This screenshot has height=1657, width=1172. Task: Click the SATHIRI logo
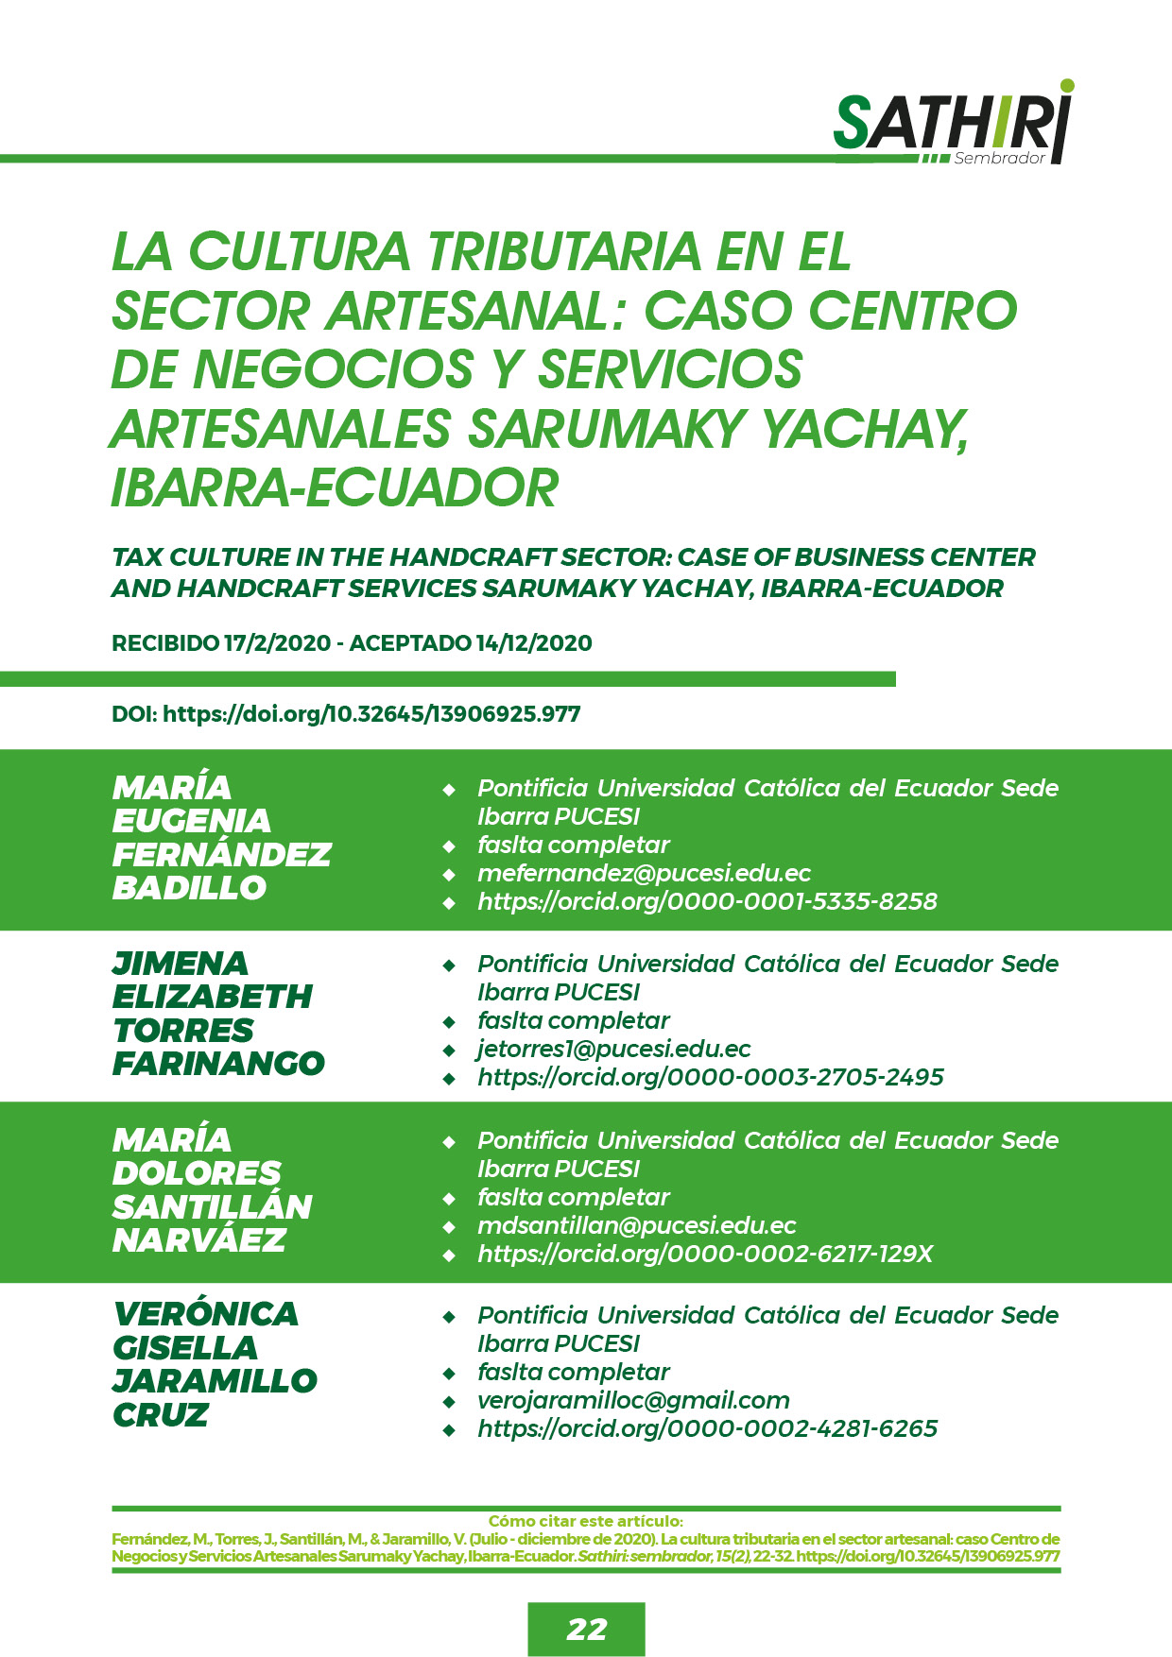pyautogui.click(x=952, y=123)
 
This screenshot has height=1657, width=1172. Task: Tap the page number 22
pyautogui.click(x=586, y=1629)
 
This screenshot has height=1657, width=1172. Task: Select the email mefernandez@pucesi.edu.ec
pyautogui.click(x=644, y=873)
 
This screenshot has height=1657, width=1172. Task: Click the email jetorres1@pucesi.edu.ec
pyautogui.click(x=614, y=1049)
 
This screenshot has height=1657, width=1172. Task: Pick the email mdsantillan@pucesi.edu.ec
pyautogui.click(x=636, y=1225)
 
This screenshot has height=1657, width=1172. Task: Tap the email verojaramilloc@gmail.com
pyautogui.click(x=633, y=1400)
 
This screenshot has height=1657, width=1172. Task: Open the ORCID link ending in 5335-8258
pyautogui.click(x=707, y=901)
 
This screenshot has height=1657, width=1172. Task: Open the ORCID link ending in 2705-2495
pyautogui.click(x=710, y=1077)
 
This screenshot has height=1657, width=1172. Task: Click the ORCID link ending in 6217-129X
pyautogui.click(x=705, y=1254)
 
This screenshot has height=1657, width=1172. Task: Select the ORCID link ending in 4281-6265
pyautogui.click(x=707, y=1428)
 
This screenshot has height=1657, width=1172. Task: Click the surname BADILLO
pyautogui.click(x=189, y=888)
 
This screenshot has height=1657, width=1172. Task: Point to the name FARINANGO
pyautogui.click(x=218, y=1064)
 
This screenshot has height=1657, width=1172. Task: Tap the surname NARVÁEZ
pyautogui.click(x=198, y=1240)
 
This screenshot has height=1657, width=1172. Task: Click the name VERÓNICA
pyautogui.click(x=205, y=1314)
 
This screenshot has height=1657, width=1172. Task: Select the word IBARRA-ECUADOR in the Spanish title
pyautogui.click(x=335, y=487)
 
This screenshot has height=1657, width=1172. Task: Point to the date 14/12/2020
pyautogui.click(x=534, y=643)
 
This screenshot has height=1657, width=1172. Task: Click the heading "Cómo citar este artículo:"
pyautogui.click(x=586, y=1521)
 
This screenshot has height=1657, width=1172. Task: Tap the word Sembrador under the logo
pyautogui.click(x=999, y=159)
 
